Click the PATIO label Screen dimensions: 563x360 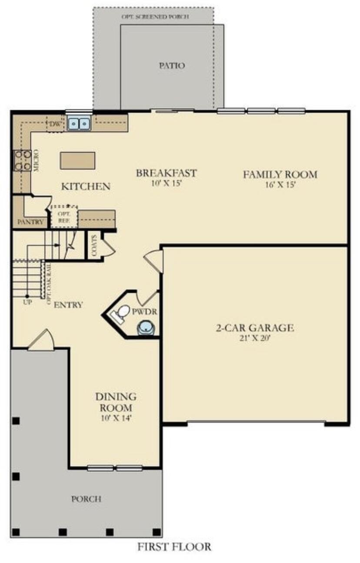pyautogui.click(x=172, y=66)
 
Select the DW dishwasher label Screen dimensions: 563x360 pyautogui.click(x=55, y=125)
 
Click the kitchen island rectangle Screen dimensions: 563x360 pyautogui.click(x=77, y=160)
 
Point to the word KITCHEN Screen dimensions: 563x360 pyautogui.click(x=86, y=187)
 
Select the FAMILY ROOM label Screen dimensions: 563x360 pyautogui.click(x=280, y=175)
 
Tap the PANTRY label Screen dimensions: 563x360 pyautogui.click(x=30, y=222)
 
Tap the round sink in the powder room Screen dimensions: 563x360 pyautogui.click(x=145, y=328)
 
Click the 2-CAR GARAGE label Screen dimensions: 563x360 pyautogui.click(x=255, y=328)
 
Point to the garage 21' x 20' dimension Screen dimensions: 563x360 pyautogui.click(x=255, y=338)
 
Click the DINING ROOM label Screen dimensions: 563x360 pyautogui.click(x=116, y=402)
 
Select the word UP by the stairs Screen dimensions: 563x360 pyautogui.click(x=27, y=302)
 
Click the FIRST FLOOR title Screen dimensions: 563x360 pyautogui.click(x=174, y=546)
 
